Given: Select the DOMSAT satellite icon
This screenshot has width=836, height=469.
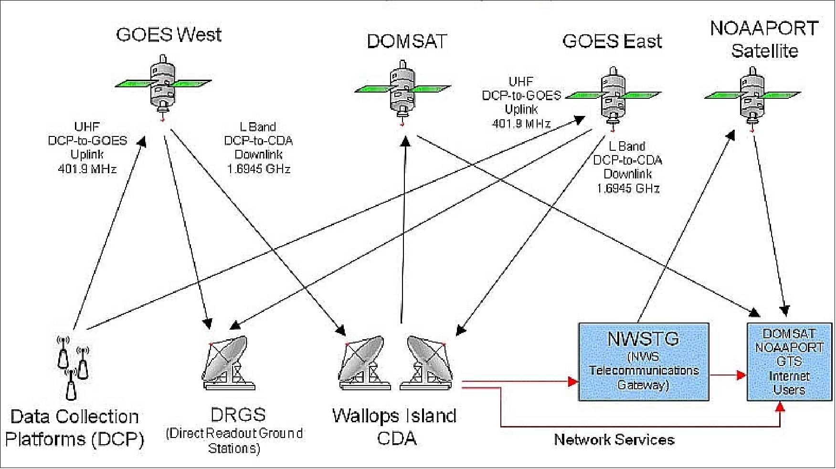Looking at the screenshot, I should pos(402,91).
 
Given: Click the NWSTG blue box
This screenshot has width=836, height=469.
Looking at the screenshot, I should pos(643,361).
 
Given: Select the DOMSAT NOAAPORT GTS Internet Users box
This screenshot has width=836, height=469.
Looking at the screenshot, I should pos(789,361).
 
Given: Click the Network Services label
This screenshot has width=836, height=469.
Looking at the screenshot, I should pos(614,439).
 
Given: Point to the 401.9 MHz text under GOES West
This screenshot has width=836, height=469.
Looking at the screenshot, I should pos(87,169).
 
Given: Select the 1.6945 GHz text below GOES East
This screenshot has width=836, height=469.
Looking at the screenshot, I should pos(628,188).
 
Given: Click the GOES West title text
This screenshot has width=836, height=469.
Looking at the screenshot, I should pos(169,34).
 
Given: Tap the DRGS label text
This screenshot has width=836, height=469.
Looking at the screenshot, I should pos(238,414).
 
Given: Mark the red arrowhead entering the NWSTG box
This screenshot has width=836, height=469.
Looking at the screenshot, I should pos(572,381).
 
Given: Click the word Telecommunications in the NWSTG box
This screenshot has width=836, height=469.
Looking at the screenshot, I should pos(644,371).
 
